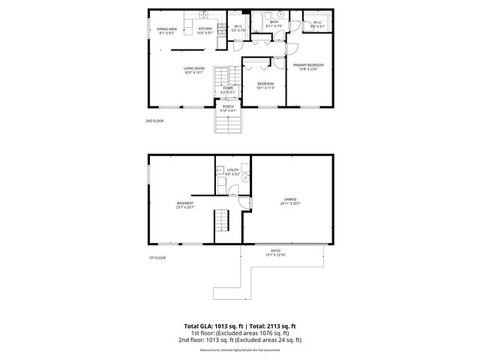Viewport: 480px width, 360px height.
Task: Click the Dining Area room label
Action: coord(165,31)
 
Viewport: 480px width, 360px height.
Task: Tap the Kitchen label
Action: coord(205,31)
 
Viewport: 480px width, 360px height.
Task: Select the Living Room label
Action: coord(194,71)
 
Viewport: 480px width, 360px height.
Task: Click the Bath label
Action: coord(274,24)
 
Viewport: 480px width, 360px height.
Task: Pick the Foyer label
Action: coord(227,90)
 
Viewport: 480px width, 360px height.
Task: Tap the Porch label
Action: coord(227,109)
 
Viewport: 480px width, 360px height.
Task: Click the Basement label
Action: coord(185,205)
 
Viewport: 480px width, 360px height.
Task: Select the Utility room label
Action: coord(232,172)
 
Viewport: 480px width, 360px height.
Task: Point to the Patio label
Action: coord(275,253)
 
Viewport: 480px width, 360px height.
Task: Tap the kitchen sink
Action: coord(205,15)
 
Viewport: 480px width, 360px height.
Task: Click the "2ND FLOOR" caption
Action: coord(154,121)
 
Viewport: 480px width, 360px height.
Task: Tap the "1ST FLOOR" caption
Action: coord(157,258)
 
